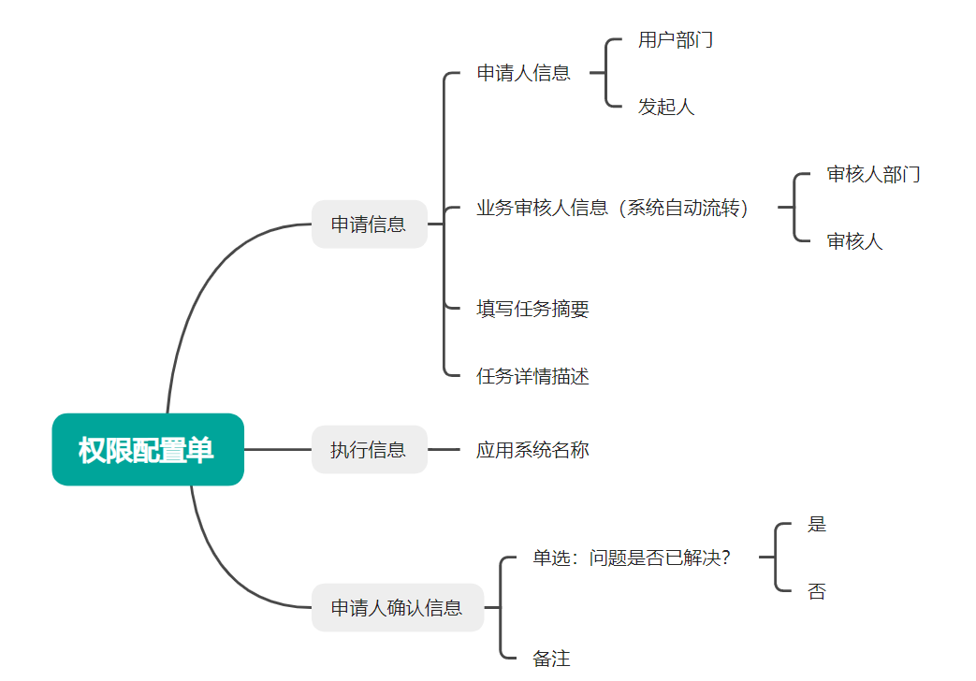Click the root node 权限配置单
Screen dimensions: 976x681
[x=148, y=449]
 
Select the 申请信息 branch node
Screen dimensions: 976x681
[x=369, y=225]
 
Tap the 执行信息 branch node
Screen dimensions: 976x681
[x=369, y=449]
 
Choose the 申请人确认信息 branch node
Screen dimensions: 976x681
[x=397, y=607]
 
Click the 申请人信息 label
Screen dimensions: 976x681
[x=523, y=73]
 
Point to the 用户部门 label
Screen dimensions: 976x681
[x=676, y=40]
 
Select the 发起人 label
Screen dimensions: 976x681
[x=666, y=107]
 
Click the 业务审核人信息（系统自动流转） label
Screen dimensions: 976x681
[x=613, y=208]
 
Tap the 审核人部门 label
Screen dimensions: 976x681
[x=873, y=174]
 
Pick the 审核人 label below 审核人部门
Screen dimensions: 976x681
[x=854, y=241]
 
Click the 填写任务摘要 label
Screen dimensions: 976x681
[x=532, y=309]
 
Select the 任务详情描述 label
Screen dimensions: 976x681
[x=532, y=376]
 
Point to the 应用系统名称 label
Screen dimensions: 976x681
[x=532, y=449]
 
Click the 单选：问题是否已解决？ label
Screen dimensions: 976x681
[x=631, y=558]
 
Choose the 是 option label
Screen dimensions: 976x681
[x=817, y=524]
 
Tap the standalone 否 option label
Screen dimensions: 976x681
[x=817, y=591]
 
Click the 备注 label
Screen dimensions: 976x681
[x=551, y=658]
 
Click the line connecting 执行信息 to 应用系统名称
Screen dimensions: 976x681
[x=444, y=449]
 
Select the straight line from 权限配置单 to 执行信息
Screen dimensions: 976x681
[x=278, y=449]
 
